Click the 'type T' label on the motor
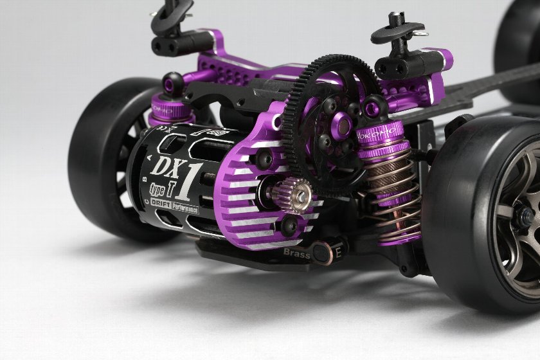(159, 188)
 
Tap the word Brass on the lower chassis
(296, 253)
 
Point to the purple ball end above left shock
(172, 82)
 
